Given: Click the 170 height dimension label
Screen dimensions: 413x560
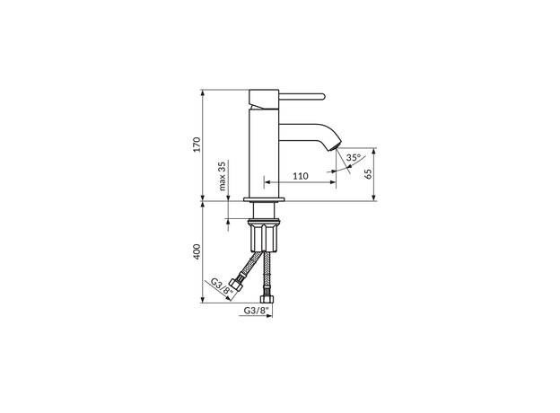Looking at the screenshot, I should [196, 145].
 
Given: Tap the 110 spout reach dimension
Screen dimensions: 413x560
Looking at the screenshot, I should [301, 176].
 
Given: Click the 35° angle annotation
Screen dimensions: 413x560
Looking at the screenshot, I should [354, 158].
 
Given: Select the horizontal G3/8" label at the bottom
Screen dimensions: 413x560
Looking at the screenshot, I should [256, 311].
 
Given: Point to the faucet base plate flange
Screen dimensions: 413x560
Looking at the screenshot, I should [265, 199].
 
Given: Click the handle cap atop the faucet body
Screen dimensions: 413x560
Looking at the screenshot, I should [265, 96].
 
